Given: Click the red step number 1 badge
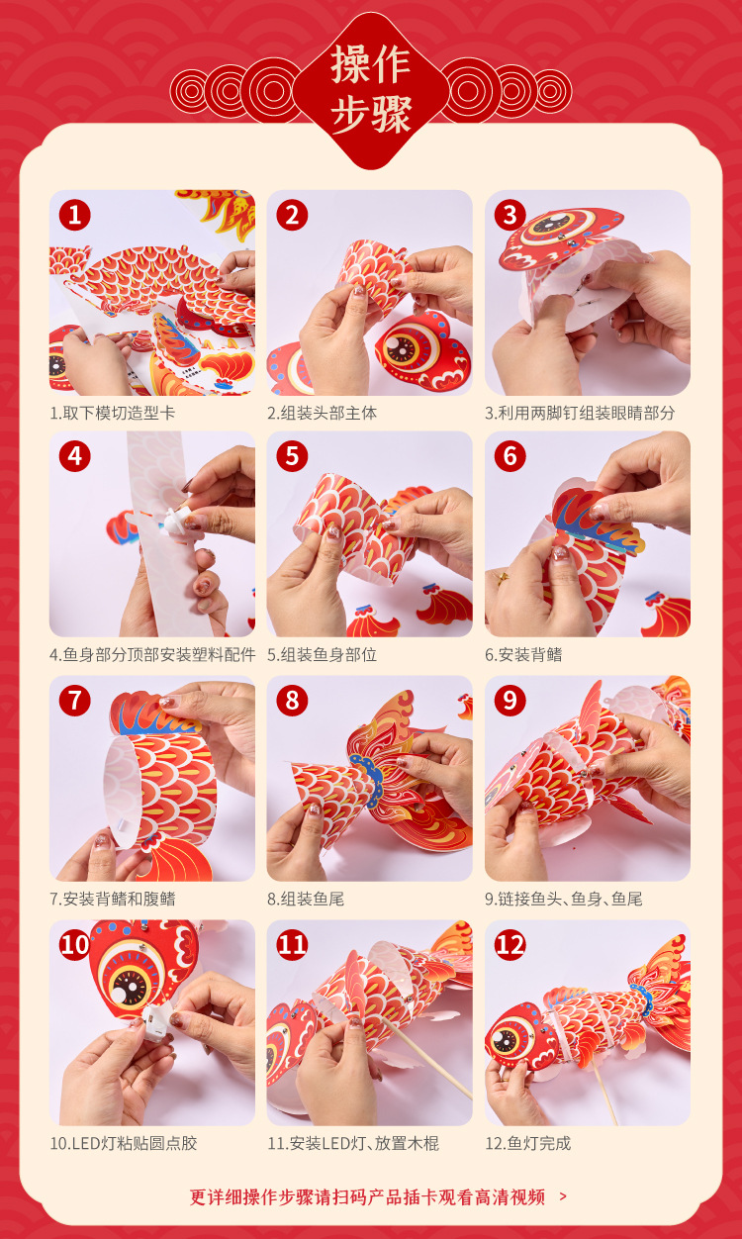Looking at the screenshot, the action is tap(74, 215).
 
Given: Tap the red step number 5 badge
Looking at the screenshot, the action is tap(292, 456).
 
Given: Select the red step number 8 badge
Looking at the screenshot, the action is tap(292, 701).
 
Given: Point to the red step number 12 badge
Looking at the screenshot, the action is tap(510, 945).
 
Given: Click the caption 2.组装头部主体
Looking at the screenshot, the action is tap(323, 414).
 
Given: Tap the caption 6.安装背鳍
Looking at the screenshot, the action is tap(523, 655).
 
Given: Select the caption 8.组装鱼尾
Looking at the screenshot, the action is tap(306, 899).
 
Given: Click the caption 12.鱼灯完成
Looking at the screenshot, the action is tap(528, 1143).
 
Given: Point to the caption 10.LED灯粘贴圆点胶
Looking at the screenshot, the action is tap(124, 1143).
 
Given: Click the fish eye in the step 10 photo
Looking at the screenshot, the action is tap(130, 988).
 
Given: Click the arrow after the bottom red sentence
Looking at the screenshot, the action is tap(563, 1196).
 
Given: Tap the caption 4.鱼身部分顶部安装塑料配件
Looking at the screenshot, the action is tap(152, 655).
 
